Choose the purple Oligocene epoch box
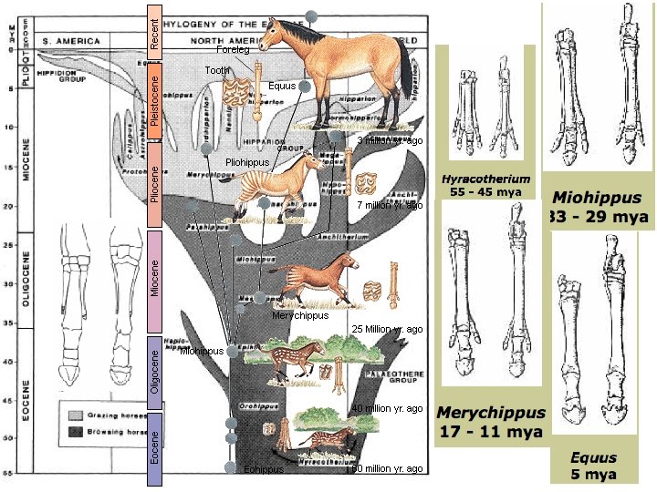[154, 374]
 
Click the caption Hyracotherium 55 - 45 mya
[485, 186]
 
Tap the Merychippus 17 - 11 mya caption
[491, 422]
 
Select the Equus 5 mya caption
[593, 466]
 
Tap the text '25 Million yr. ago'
[387, 329]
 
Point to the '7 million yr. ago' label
[390, 206]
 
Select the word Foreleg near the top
[233, 49]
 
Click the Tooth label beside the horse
[217, 70]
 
